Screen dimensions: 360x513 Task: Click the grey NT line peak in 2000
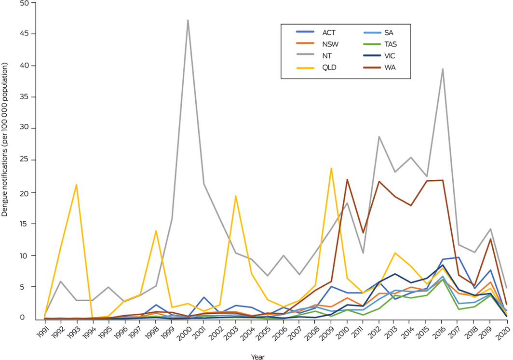pyautogui.click(x=188, y=20)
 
